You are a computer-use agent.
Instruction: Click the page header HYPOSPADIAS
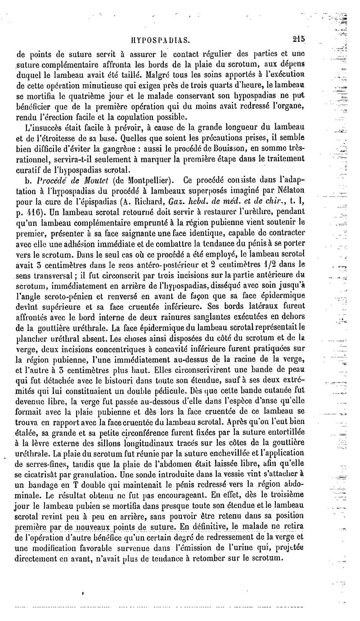click(x=165, y=39)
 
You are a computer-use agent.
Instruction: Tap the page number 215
click(x=298, y=39)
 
